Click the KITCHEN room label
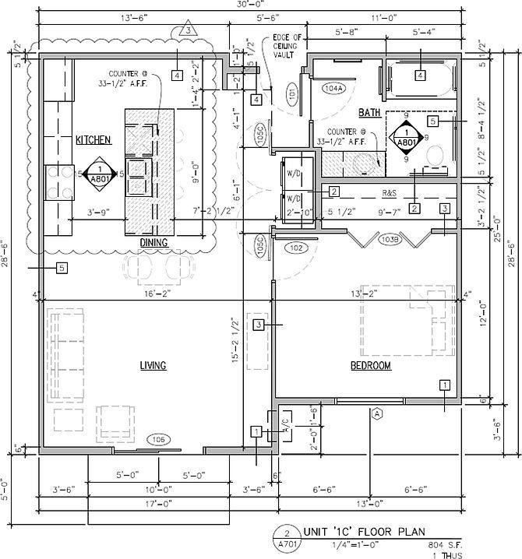[93, 141]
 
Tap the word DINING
[154, 243]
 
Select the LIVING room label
[153, 366]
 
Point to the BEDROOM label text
[370, 366]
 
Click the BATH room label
[369, 113]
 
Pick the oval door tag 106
[159, 439]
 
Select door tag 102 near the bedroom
[295, 248]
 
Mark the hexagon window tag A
[377, 413]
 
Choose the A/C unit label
[285, 425]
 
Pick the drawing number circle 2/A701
[287, 539]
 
